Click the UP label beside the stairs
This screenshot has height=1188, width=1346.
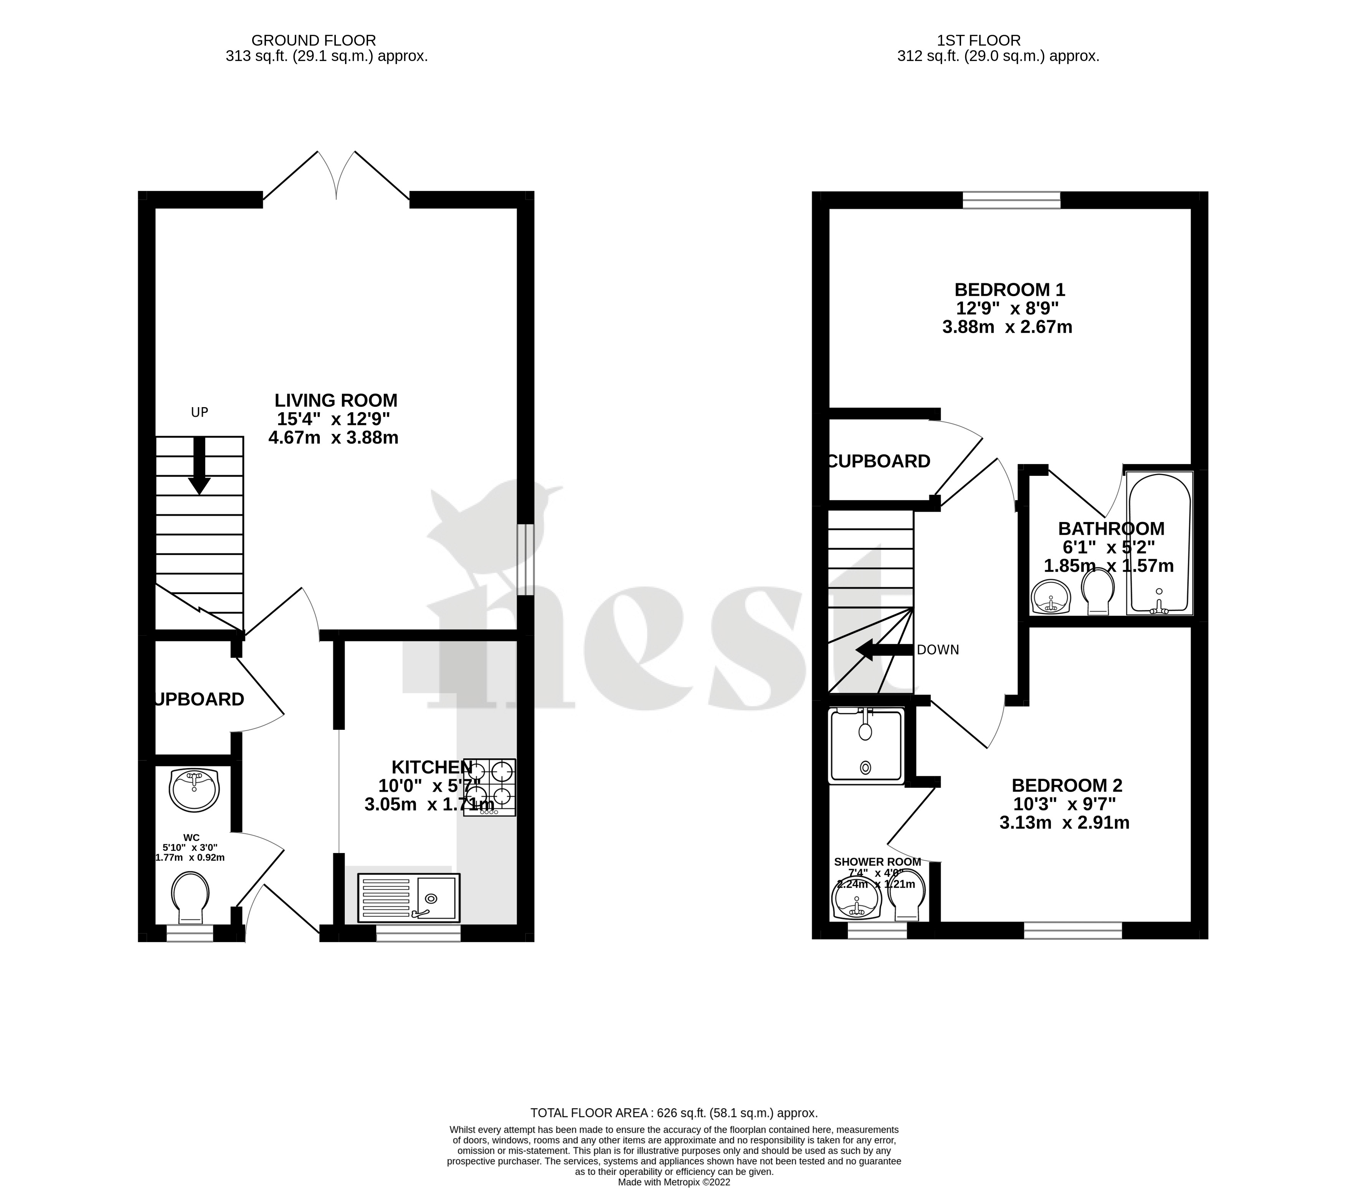point(200,413)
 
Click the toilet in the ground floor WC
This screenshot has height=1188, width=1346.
point(190,897)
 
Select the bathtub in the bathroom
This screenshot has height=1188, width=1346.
point(1159,543)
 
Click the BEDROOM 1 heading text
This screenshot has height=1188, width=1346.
point(1009,290)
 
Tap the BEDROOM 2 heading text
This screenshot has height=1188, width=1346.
point(1067,785)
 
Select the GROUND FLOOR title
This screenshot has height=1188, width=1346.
point(314,41)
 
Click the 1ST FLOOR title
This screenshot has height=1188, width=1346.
point(979,41)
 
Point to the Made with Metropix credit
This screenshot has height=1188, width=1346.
point(674,1182)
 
